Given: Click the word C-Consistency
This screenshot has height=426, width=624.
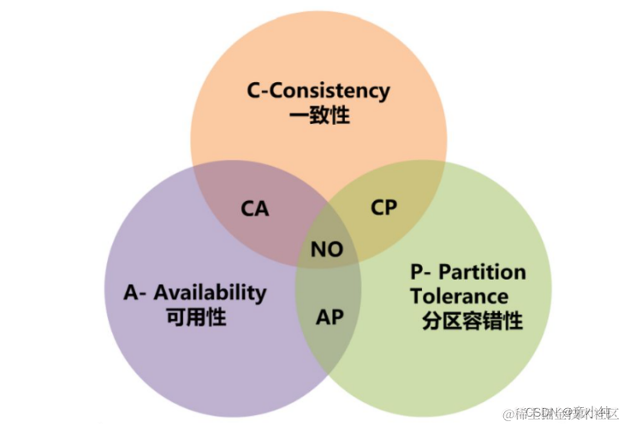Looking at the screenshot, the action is pyautogui.click(x=318, y=90).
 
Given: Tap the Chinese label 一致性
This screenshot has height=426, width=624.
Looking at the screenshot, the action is pyautogui.click(x=318, y=115).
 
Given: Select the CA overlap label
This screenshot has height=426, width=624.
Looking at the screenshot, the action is pyautogui.click(x=254, y=208).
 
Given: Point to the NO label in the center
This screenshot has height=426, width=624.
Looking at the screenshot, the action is pyautogui.click(x=326, y=250).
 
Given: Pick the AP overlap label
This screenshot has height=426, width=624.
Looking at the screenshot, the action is pyautogui.click(x=330, y=317).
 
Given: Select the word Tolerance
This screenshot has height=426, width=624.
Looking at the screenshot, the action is pyautogui.click(x=459, y=297).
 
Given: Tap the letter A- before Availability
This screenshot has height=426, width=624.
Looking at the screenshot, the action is pyautogui.click(x=134, y=292).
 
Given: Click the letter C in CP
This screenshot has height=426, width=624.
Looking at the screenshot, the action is pyautogui.click(x=376, y=207).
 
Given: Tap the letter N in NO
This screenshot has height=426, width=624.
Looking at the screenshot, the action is pyautogui.click(x=318, y=250).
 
